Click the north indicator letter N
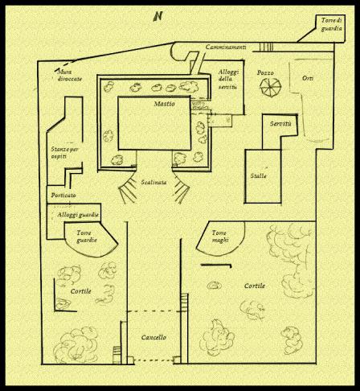pyautogui.click(x=159, y=16)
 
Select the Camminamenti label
pyautogui.click(x=226, y=49)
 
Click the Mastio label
pyautogui.click(x=164, y=105)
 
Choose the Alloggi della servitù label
pyautogui.click(x=228, y=80)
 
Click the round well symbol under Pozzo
pyautogui.click(x=269, y=88)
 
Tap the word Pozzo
pyautogui.click(x=265, y=73)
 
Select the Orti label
pyautogui.click(x=307, y=78)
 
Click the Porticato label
pyautogui.click(x=63, y=195)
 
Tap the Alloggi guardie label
pyautogui.click(x=78, y=215)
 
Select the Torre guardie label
pyautogui.click(x=84, y=235)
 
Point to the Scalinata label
pyautogui.click(x=153, y=183)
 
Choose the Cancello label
pyautogui.click(x=153, y=337)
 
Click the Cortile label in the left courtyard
pyautogui.click(x=80, y=290)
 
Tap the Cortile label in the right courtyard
pyautogui.click(x=256, y=286)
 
